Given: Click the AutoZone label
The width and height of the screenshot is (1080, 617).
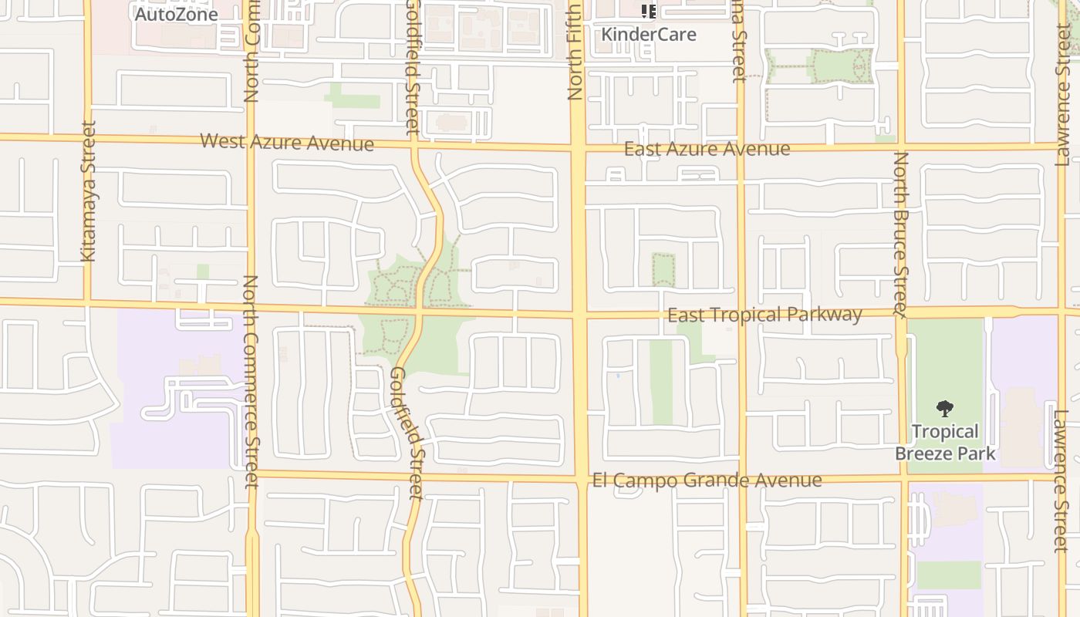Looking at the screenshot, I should click(x=177, y=14).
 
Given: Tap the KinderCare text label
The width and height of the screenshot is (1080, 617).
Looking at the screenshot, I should click(x=649, y=35).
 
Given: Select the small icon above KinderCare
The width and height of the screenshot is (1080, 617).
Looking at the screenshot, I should click(x=649, y=12).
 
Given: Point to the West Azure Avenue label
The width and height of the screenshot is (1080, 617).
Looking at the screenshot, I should click(x=287, y=142).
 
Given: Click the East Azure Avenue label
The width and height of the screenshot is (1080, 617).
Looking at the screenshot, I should click(x=707, y=149).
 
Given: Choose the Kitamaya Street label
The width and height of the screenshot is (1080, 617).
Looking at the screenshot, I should click(x=89, y=191).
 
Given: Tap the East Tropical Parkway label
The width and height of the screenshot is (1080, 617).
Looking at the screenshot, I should click(x=764, y=315).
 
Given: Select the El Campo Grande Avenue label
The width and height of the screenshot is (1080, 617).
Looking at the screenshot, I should click(x=707, y=480).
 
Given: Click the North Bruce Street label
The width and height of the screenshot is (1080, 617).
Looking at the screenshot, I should click(x=901, y=234).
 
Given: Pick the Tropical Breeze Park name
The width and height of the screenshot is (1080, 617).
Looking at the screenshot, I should click(x=945, y=442).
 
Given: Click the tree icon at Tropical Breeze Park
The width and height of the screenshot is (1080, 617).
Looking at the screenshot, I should click(x=945, y=409).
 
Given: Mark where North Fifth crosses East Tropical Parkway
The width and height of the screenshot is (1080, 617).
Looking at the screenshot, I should click(x=579, y=314).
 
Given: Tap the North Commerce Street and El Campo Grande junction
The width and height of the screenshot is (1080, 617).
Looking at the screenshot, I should click(x=251, y=474).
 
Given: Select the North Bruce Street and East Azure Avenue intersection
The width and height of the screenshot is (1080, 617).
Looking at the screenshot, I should click(x=901, y=145).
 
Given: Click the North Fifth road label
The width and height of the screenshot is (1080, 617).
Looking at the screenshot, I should click(x=575, y=52).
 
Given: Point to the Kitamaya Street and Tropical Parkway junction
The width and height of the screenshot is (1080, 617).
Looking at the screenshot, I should click(x=87, y=302).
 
